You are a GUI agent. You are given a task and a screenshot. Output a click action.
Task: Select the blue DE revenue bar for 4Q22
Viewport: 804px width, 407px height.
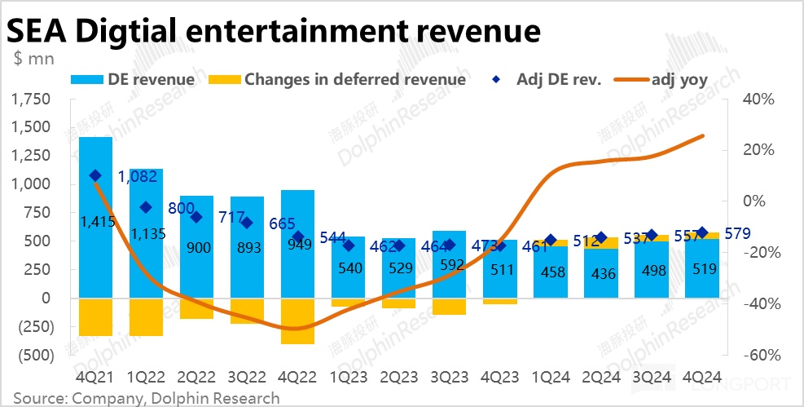click(x=297, y=261)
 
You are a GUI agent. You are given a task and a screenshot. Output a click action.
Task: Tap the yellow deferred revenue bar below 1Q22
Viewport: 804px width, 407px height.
click(x=146, y=317)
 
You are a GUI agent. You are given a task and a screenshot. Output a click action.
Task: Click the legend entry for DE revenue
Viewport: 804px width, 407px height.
click(x=134, y=79)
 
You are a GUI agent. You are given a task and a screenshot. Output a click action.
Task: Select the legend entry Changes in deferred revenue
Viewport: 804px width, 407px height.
click(x=338, y=79)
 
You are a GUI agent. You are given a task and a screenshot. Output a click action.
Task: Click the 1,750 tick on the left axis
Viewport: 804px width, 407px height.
click(x=32, y=100)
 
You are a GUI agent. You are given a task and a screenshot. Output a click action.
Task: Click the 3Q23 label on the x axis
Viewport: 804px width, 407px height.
click(x=449, y=377)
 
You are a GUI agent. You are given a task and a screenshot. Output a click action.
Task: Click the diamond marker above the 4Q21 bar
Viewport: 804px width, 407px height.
click(x=95, y=175)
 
